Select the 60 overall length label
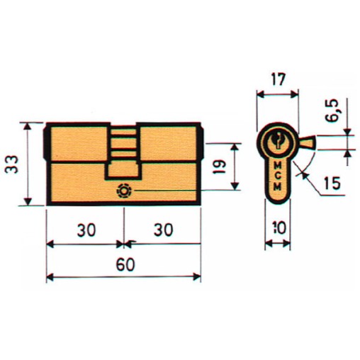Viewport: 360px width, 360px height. tap(123, 263)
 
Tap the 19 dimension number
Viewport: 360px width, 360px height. tap(220, 168)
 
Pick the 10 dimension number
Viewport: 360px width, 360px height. tap(278, 229)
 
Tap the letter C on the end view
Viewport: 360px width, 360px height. tap(277, 177)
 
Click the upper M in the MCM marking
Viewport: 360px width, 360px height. tap(277, 168)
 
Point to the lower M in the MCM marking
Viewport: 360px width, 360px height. tap(277, 186)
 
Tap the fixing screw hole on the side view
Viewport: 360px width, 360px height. tap(124, 191)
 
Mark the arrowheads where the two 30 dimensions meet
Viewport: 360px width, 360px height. tap(123, 244)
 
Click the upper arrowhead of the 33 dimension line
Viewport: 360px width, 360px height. tap(28, 126)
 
